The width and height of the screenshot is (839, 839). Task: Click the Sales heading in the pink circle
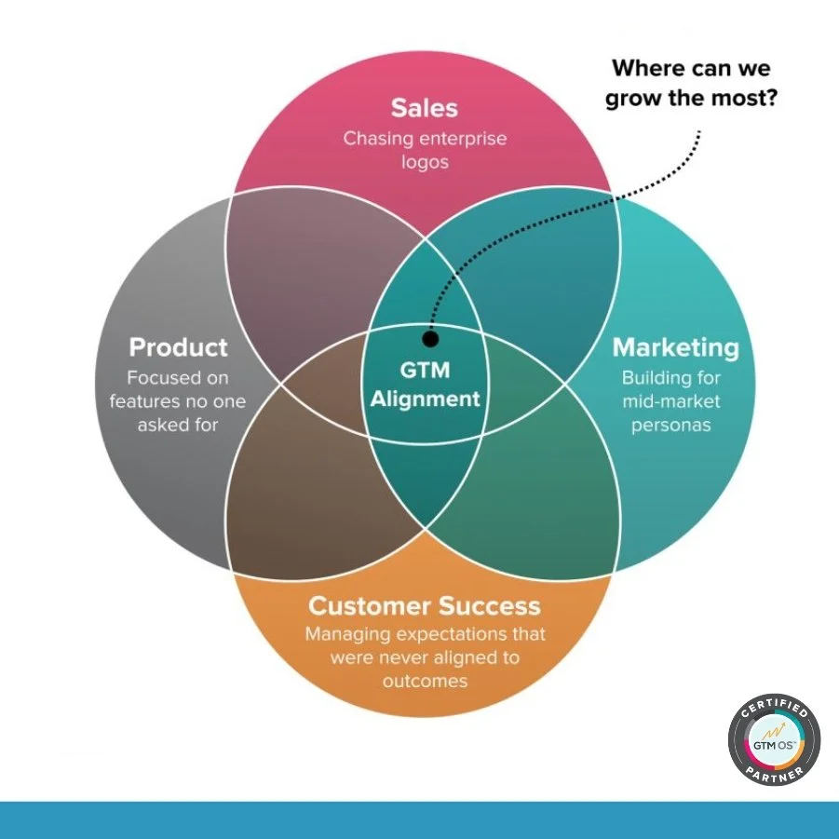(x=425, y=107)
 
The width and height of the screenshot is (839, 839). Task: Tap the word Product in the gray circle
(x=178, y=347)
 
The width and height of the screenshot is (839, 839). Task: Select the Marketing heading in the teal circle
(x=675, y=347)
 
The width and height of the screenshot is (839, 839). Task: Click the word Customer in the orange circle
(x=364, y=606)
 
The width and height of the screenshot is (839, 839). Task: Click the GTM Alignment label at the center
(x=426, y=385)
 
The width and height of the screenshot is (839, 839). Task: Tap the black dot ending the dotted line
(x=429, y=339)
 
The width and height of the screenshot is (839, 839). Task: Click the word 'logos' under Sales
(x=425, y=162)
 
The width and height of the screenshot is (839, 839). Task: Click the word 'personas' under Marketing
(x=675, y=426)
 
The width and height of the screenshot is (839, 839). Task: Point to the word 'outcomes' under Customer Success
(x=425, y=681)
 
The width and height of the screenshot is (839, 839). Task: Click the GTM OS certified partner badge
(x=774, y=743)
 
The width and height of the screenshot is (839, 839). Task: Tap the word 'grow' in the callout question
(x=636, y=98)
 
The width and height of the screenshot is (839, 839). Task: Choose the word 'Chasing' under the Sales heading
(x=376, y=139)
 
